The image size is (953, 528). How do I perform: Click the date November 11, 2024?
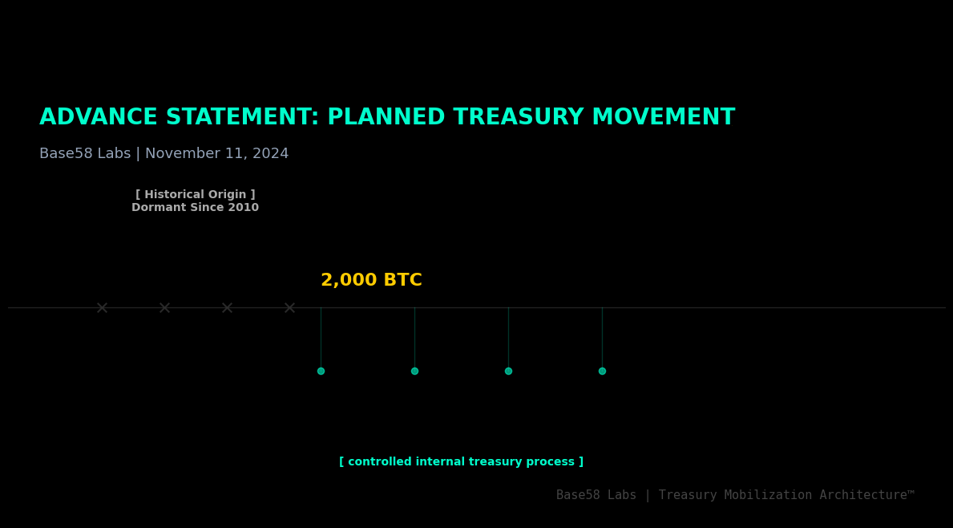click(x=216, y=153)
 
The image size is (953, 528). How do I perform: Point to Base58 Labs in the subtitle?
click(x=85, y=153)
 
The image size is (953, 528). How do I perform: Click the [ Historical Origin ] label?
click(x=195, y=195)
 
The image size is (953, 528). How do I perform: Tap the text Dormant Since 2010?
click(x=195, y=208)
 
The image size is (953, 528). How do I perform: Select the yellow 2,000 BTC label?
click(x=371, y=281)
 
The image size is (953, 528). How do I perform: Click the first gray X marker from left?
click(x=102, y=308)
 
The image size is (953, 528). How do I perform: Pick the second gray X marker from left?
click(x=164, y=308)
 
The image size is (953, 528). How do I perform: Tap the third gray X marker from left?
click(x=227, y=308)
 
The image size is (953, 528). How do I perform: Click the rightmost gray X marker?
click(x=289, y=308)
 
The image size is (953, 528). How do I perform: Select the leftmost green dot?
click(x=321, y=371)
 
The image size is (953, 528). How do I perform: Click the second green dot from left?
click(x=414, y=371)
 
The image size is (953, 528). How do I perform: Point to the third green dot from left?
click(x=508, y=371)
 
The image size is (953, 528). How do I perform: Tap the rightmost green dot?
click(x=602, y=371)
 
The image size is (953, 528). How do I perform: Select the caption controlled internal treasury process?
click(x=461, y=462)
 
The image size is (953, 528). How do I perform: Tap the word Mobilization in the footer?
click(x=767, y=496)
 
